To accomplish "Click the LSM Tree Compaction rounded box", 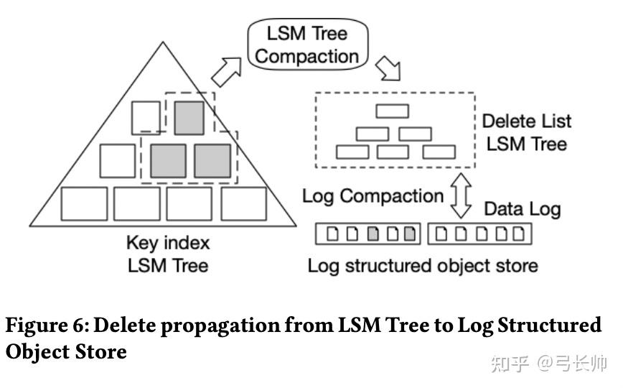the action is [307, 45].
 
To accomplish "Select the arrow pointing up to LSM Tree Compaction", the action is [227, 72].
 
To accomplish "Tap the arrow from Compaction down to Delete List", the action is [388, 68].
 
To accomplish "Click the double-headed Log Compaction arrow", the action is [461, 195].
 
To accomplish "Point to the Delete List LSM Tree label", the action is [526, 132].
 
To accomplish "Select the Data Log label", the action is [522, 209].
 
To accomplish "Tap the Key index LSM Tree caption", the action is [168, 254].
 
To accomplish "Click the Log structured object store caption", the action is [423, 267].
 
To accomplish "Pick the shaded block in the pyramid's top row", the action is [189, 118].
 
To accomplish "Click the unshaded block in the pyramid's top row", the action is [146, 118].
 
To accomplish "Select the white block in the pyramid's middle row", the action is [118, 161].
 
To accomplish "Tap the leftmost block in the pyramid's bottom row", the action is [84, 204].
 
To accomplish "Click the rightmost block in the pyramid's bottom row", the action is [244, 204].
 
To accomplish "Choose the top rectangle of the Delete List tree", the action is [392, 111].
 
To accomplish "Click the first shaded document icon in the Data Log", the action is [373, 234].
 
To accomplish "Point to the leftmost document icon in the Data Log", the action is [332, 234].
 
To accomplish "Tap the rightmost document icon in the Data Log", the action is [518, 234].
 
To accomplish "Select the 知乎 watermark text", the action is [510, 364].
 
